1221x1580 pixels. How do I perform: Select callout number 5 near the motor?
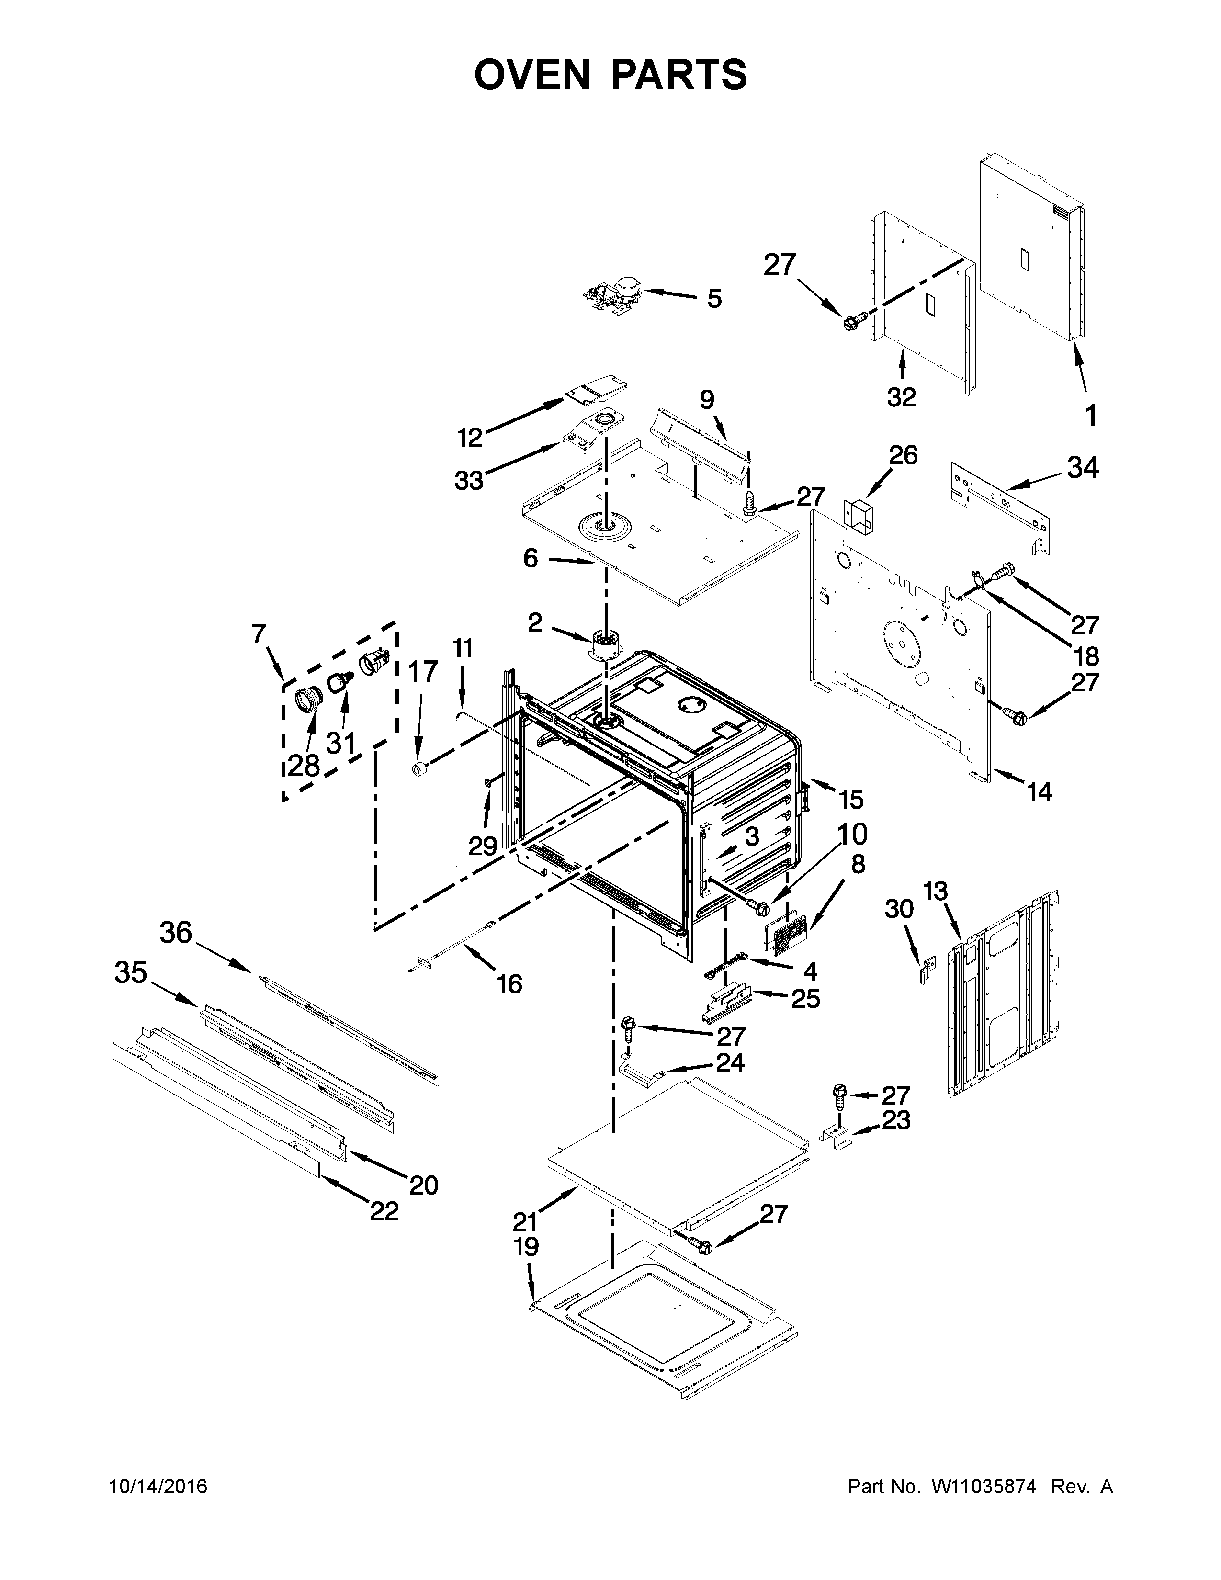[714, 299]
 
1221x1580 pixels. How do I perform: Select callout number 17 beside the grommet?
[423, 672]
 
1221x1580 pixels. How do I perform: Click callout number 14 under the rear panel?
[1039, 792]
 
